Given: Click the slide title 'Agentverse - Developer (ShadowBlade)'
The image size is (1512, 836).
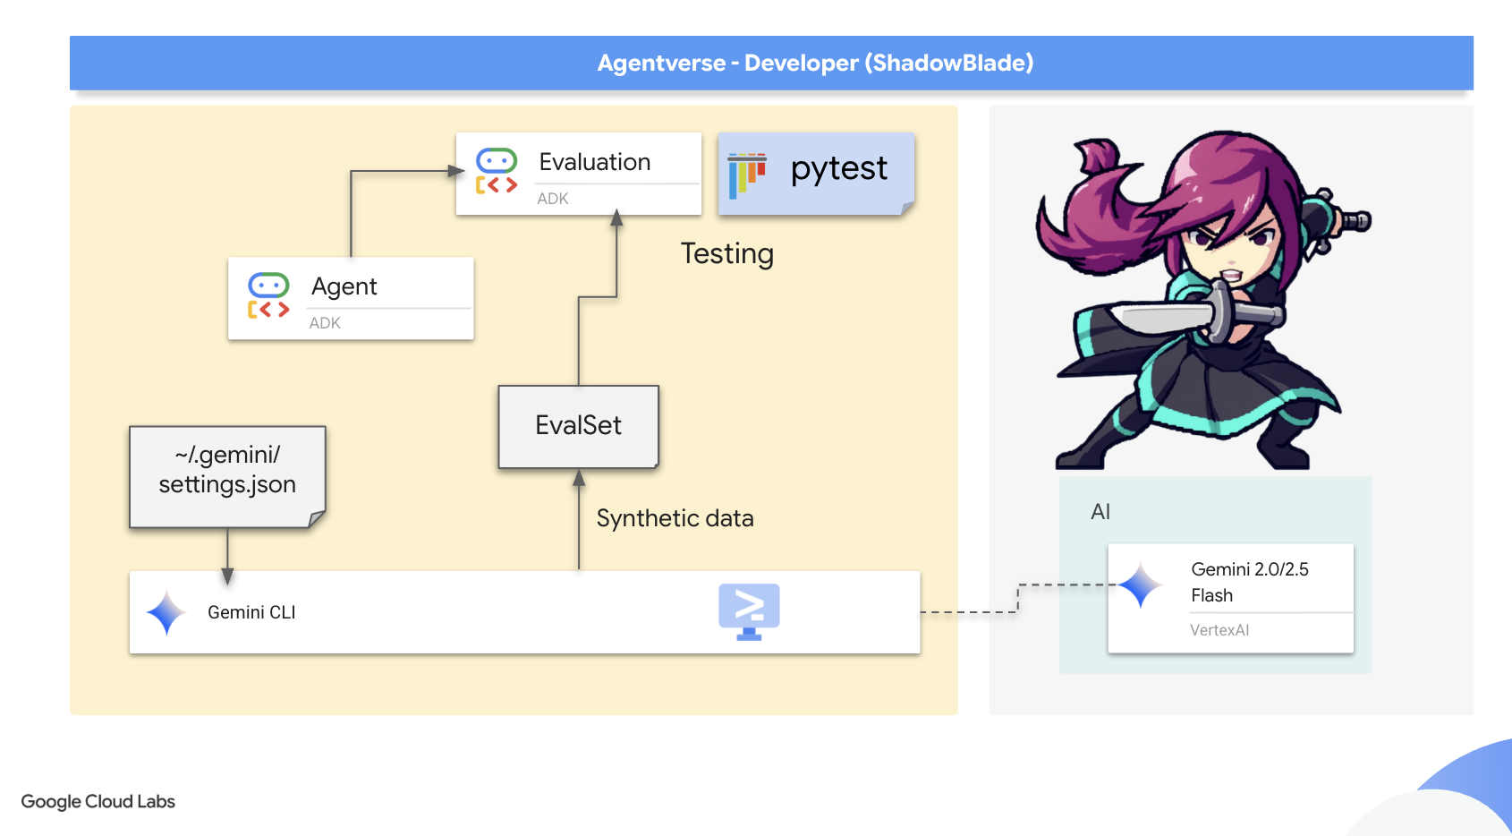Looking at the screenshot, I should click(x=815, y=63).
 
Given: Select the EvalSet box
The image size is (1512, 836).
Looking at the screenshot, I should click(x=578, y=426).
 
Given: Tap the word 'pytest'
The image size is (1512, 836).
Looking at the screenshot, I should click(x=838, y=168).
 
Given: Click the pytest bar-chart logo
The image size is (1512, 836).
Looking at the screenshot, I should click(x=747, y=174).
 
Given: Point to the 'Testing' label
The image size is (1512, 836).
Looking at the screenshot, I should click(x=726, y=254).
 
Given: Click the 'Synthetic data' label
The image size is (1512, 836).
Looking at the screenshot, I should click(x=675, y=519).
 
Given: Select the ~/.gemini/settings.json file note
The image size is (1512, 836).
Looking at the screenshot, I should click(x=227, y=475).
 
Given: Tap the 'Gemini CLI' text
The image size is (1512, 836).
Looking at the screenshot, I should click(x=251, y=613).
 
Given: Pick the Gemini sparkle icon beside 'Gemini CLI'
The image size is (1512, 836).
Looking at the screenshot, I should click(x=166, y=613).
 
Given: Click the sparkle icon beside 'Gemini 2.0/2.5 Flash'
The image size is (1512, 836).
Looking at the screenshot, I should click(x=1141, y=586).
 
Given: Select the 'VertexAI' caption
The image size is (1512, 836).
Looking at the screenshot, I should click(x=1219, y=630).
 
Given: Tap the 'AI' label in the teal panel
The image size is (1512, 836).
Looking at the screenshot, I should click(x=1100, y=512).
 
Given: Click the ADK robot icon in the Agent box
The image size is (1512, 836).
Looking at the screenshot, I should click(x=268, y=296).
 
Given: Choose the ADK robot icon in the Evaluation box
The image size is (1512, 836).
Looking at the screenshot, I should click(x=497, y=171).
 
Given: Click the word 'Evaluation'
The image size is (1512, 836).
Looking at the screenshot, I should click(x=595, y=162).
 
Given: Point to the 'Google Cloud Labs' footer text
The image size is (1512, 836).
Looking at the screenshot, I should click(x=98, y=802).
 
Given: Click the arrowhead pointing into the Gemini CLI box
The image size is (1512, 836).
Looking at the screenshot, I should click(x=227, y=576).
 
